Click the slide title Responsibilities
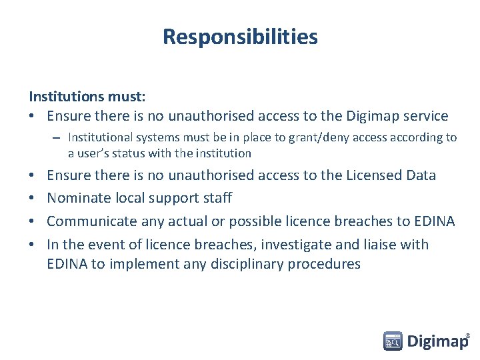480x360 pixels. coord(240,37)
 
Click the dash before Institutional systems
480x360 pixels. coord(57,138)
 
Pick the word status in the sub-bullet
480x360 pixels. coord(133,153)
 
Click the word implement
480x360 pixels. coord(140,264)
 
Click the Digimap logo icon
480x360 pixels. coord(393,341)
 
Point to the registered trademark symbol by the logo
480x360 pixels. coord(467,335)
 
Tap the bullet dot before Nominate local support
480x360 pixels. coord(33,198)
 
